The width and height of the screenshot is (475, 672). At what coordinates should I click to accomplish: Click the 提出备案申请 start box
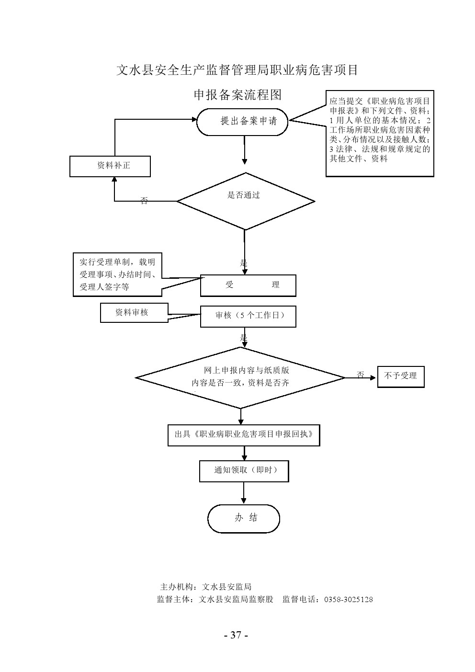click(243, 121)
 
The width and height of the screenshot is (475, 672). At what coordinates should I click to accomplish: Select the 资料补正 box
click(110, 166)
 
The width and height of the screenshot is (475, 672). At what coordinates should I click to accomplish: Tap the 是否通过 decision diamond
click(246, 201)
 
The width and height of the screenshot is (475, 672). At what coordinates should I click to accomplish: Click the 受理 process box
click(248, 285)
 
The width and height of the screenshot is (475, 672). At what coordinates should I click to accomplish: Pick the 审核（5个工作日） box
click(248, 317)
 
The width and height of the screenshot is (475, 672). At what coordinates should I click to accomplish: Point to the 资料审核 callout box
click(134, 313)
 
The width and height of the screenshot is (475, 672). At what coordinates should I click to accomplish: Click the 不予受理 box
click(401, 376)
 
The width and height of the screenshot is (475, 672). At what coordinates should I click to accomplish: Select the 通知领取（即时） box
click(244, 471)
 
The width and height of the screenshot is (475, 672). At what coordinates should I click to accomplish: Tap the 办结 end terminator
click(244, 518)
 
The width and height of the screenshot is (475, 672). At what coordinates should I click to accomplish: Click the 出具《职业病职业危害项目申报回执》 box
click(244, 435)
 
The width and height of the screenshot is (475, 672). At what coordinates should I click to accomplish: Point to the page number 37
click(236, 636)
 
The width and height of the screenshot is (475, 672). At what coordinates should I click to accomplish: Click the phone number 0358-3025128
click(349, 600)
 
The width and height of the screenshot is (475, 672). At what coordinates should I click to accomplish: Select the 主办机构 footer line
click(206, 587)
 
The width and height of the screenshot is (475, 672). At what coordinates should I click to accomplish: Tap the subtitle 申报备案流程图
click(237, 95)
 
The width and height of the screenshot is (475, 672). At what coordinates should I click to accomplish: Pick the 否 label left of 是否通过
click(144, 201)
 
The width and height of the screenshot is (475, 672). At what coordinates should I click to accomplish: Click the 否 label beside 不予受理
click(361, 375)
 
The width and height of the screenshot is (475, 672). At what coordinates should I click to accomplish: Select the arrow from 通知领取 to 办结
click(244, 493)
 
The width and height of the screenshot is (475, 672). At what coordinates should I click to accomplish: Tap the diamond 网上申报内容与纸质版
click(241, 377)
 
